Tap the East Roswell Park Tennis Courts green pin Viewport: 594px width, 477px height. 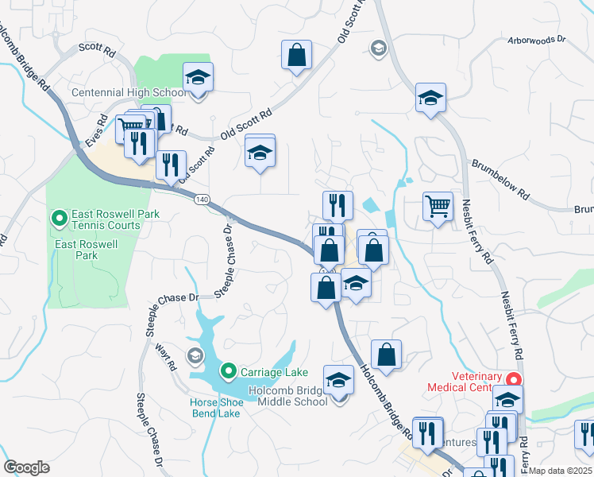(58, 217)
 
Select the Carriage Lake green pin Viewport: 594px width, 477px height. (228, 371)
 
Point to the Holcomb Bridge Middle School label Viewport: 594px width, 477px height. (288, 395)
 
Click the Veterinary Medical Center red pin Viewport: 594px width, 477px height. (514, 381)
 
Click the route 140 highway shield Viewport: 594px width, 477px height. (202, 200)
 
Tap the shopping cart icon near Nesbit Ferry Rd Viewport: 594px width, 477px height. (438, 207)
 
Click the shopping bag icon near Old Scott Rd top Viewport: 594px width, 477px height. (296, 56)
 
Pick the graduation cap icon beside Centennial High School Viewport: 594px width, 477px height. (198, 78)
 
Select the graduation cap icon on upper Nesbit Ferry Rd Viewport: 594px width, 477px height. (430, 98)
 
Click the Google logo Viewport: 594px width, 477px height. (27, 467)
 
